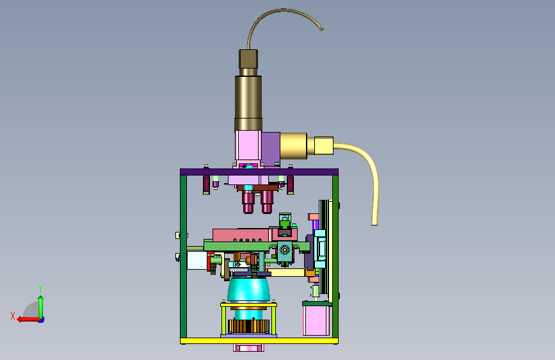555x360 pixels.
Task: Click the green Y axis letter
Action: pos(40,288)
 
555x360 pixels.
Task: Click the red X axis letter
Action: pos(13,316)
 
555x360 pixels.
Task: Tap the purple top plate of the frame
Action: pos(259,172)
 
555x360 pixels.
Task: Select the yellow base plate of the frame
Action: pos(259,341)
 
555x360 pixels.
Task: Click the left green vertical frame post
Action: pos(183,256)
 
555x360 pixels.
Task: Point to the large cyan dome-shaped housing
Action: pos(248,290)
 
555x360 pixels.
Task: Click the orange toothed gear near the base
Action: pos(249,326)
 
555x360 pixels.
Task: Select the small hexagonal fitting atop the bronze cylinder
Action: pos(248,59)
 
